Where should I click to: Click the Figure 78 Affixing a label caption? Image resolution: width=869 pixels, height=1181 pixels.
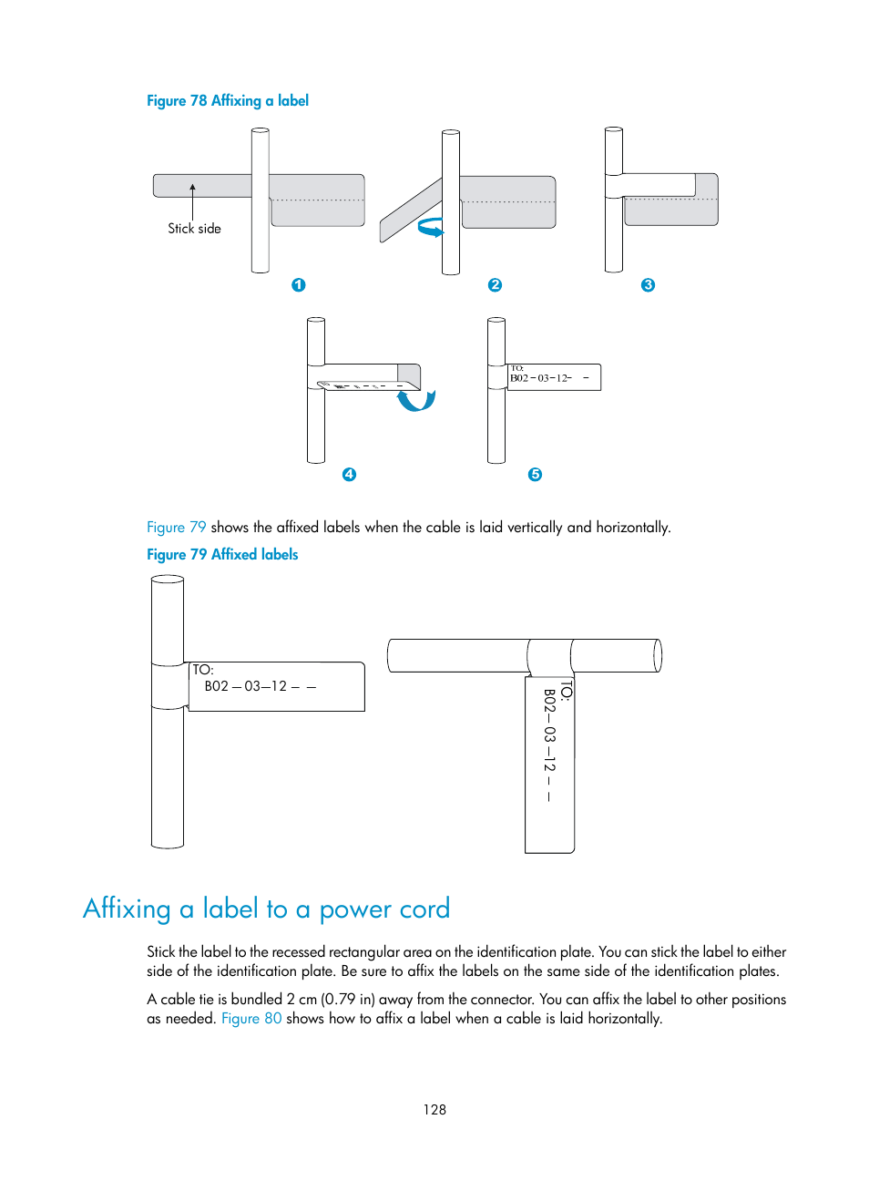[228, 101]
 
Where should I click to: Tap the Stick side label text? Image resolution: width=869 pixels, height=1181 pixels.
[194, 229]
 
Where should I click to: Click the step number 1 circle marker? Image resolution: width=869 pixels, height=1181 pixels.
[298, 285]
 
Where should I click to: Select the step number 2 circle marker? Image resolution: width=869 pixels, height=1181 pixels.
[495, 285]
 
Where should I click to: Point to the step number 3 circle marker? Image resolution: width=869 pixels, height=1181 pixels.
[648, 285]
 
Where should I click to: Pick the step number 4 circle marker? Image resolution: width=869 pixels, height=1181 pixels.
[349, 475]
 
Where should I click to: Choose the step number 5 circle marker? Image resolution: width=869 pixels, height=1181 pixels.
[535, 475]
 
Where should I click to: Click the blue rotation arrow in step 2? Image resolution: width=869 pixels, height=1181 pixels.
[431, 227]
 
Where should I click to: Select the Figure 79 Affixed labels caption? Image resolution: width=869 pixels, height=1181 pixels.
[222, 555]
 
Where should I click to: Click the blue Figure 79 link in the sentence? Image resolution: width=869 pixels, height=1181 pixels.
[177, 528]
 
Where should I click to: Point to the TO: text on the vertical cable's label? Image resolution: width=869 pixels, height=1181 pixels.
[202, 670]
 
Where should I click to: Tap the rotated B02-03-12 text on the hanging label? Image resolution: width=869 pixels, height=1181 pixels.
[549, 743]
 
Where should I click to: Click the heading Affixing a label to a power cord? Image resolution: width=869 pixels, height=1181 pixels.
[266, 909]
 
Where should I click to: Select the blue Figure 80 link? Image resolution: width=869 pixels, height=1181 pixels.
[251, 1019]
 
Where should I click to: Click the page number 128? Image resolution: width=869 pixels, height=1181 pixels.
[434, 1110]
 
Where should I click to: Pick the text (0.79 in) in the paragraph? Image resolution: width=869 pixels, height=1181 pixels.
[348, 1000]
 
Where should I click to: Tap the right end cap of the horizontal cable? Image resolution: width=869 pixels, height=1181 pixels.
[658, 655]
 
